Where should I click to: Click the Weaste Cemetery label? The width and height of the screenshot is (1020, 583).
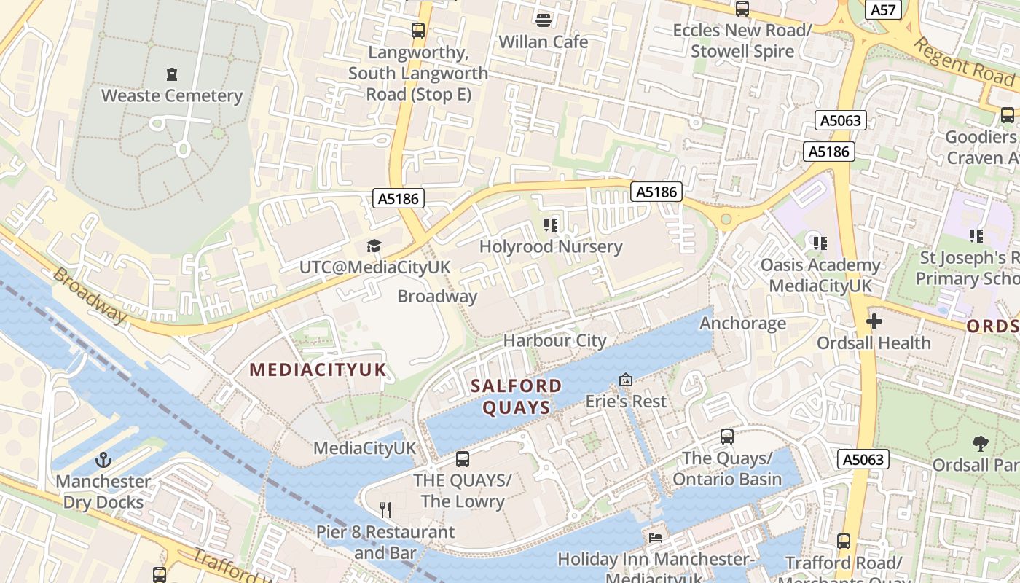[171, 95]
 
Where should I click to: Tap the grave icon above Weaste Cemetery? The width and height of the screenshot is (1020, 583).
[171, 74]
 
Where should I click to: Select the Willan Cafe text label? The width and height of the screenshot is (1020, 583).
[543, 42]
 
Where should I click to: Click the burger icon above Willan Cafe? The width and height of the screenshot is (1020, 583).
[543, 19]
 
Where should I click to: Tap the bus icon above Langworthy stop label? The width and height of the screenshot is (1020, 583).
[417, 31]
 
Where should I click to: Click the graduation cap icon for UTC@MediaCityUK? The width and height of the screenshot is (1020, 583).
[374, 246]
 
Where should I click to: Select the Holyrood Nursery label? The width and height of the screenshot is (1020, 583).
[551, 246]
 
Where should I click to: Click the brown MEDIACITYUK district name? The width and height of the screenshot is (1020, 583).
[318, 369]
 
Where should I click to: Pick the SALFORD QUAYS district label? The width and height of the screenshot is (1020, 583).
[516, 396]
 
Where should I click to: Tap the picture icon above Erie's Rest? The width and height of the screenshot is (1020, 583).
[625, 380]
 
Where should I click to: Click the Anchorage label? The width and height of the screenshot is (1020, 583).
[743, 323]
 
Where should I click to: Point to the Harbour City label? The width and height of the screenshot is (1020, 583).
[554, 340]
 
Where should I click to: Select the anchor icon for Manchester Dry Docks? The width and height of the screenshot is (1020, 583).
[103, 460]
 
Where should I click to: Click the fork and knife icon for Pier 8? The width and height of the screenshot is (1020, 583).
[385, 509]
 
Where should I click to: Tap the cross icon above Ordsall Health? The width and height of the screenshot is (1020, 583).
[874, 321]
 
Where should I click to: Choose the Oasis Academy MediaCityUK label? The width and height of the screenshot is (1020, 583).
[820, 275]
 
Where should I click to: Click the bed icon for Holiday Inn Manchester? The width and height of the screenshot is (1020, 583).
[655, 537]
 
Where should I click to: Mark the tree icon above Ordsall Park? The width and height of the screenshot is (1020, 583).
[981, 443]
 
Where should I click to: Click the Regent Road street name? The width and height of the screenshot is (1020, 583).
[963, 62]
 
